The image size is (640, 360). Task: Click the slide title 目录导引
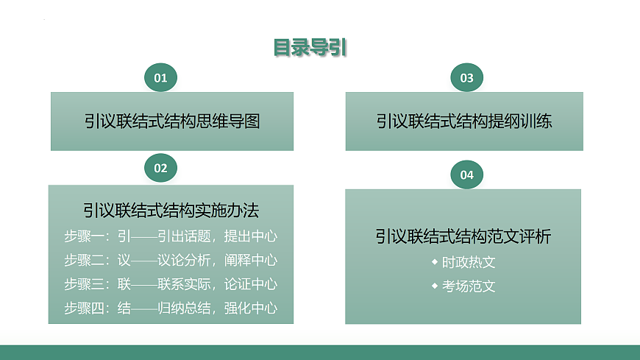(310, 48)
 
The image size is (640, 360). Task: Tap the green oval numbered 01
(160, 78)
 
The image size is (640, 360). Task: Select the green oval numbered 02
(160, 169)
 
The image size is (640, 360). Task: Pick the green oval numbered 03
(466, 78)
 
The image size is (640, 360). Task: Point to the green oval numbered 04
(466, 175)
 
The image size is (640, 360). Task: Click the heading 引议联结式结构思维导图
(171, 121)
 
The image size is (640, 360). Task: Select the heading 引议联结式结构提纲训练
(463, 121)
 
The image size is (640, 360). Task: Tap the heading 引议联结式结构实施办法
(171, 211)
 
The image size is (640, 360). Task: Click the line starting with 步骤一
(171, 236)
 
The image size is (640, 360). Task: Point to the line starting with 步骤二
(171, 260)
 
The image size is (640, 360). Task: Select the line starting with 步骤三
(171, 284)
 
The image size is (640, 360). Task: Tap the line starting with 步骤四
(171, 308)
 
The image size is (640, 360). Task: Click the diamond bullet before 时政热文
(435, 261)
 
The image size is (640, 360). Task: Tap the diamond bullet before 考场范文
(435, 286)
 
